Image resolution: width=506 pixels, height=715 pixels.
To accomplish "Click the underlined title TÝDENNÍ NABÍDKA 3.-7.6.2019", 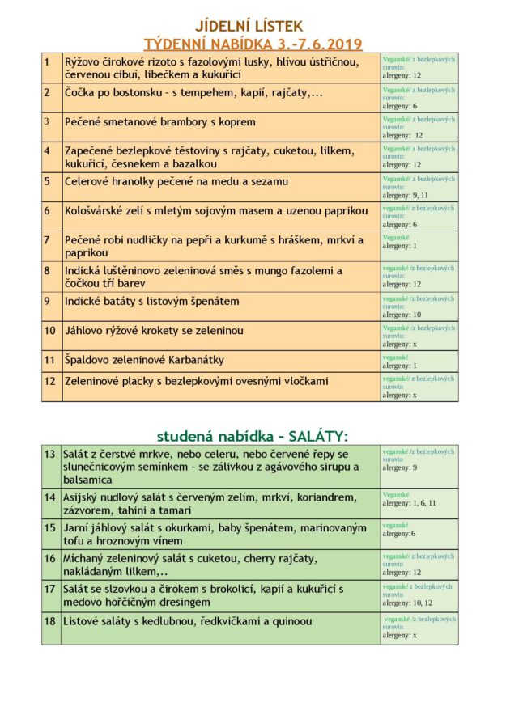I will pyautogui.click(x=253, y=44).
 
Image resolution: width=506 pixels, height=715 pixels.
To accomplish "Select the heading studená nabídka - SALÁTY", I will pyautogui.click(x=253, y=436).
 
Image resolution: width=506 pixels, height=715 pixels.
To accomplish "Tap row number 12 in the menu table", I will pyautogui.click(x=49, y=381).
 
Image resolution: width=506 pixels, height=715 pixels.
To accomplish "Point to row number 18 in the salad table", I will pyautogui.click(x=50, y=621).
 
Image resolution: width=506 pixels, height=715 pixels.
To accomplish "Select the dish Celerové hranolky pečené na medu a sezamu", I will pyautogui.click(x=176, y=181).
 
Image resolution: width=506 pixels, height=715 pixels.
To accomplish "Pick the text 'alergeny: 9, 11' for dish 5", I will pyautogui.click(x=405, y=195).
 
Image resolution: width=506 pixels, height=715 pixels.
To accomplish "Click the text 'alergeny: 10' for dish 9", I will pyautogui.click(x=402, y=315).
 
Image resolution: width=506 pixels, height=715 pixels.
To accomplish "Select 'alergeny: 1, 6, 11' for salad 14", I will pyautogui.click(x=409, y=503).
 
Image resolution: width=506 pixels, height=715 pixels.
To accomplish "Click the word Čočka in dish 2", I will pyautogui.click(x=82, y=93).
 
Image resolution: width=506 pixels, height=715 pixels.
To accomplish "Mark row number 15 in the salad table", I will pyautogui.click(x=50, y=527).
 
